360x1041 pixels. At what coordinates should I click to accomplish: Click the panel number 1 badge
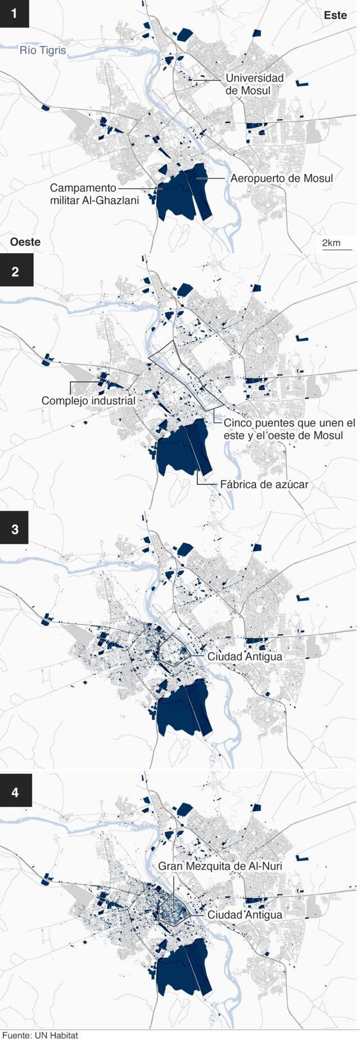pyautogui.click(x=15, y=13)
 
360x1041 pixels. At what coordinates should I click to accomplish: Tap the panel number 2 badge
pyautogui.click(x=15, y=271)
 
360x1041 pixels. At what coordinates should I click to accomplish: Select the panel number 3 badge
pyautogui.click(x=15, y=529)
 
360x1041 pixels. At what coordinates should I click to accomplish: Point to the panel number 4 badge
pyautogui.click(x=15, y=792)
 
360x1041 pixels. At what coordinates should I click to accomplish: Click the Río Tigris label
pyautogui.click(x=43, y=51)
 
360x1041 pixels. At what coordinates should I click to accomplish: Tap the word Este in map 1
pyautogui.click(x=335, y=15)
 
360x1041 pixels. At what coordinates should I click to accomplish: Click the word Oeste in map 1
pyautogui.click(x=25, y=242)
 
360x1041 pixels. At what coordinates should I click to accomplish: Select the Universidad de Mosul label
pyautogui.click(x=254, y=84)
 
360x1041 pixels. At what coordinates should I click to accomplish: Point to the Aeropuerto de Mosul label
pyautogui.click(x=281, y=178)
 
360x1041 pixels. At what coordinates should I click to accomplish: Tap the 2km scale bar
pyautogui.click(x=336, y=245)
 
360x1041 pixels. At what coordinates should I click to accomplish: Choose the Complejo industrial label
pyautogui.click(x=88, y=400)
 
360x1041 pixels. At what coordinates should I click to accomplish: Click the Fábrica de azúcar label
pyautogui.click(x=264, y=484)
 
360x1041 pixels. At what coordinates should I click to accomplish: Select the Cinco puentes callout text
pyautogui.click(x=289, y=429)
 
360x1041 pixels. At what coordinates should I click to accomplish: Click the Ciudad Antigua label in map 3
pyautogui.click(x=245, y=656)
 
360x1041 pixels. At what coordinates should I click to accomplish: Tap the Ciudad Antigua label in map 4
pyautogui.click(x=245, y=914)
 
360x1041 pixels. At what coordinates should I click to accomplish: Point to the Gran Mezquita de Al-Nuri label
pyautogui.click(x=220, y=866)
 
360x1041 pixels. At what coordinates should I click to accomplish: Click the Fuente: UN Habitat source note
pyautogui.click(x=40, y=1035)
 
